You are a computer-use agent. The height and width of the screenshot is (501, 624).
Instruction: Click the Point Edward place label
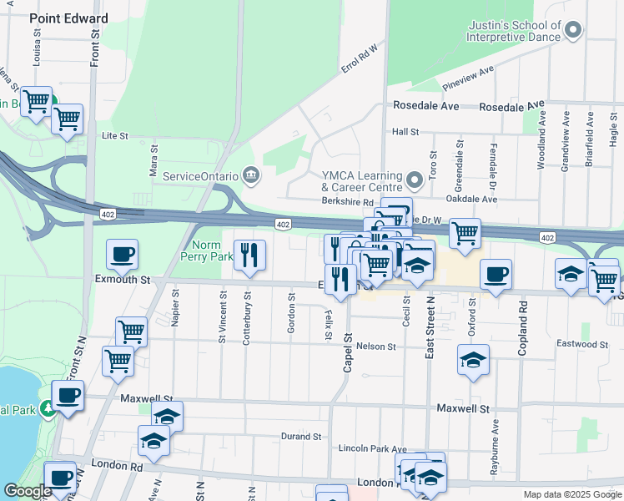click(x=69, y=18)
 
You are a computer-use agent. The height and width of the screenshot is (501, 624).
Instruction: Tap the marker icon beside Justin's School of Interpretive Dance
click(x=572, y=31)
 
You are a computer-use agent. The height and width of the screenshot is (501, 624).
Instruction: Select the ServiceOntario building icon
click(x=249, y=175)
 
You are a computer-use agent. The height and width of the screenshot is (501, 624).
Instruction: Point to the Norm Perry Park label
click(x=208, y=250)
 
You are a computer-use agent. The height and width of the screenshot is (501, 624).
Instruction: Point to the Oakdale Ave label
click(x=471, y=200)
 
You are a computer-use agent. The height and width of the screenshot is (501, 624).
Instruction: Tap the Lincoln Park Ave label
click(x=372, y=448)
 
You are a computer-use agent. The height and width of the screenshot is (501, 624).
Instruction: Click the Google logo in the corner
click(x=28, y=491)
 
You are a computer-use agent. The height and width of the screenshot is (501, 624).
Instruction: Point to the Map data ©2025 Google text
click(x=571, y=494)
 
